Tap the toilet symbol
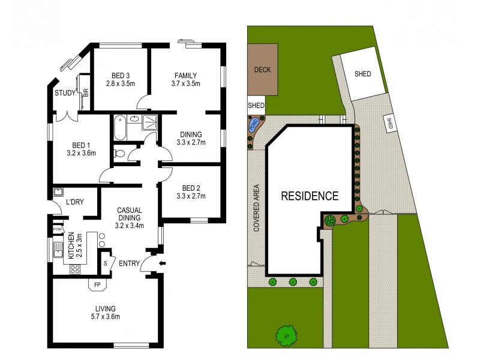coord(119,154)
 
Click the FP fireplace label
coord(97,284)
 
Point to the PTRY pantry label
coord(58,229)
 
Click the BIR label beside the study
coord(86,92)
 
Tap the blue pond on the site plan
coord(253,125)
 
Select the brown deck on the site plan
coord(263,70)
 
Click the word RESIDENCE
coord(310,196)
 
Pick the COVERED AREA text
coord(256,208)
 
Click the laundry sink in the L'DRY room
coord(59,193)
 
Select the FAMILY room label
coord(186,75)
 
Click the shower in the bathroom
coord(148,123)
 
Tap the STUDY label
coord(64,93)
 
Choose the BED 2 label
coord(190,187)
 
